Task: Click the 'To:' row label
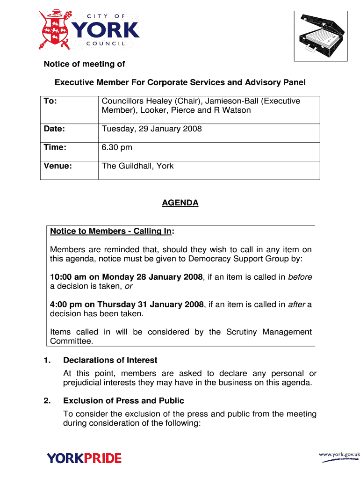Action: click(50, 101)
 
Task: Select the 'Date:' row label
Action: click(54, 129)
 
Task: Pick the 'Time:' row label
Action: click(55, 147)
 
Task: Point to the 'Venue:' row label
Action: click(58, 166)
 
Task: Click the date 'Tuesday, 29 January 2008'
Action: click(151, 129)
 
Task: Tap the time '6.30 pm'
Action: click(117, 147)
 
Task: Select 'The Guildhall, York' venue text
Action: click(137, 166)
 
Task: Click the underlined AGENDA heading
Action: click(180, 203)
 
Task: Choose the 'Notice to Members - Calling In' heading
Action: click(111, 231)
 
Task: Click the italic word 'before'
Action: click(300, 277)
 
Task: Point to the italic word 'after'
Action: click(296, 305)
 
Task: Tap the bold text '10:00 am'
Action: click(65, 277)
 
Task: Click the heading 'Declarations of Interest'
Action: click(110, 360)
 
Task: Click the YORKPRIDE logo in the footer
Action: click(84, 458)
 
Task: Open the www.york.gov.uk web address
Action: click(339, 454)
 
